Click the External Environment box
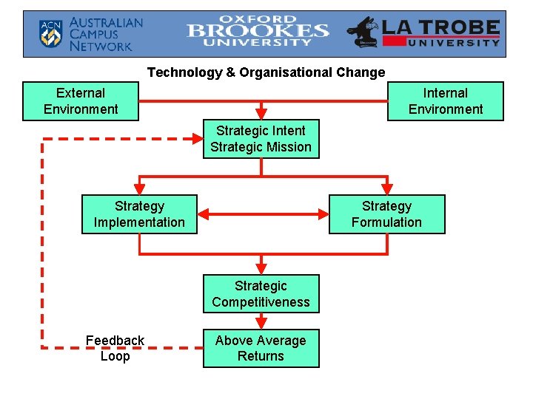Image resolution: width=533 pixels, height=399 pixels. pyautogui.click(x=80, y=101)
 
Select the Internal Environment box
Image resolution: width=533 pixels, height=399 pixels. pyautogui.click(x=445, y=101)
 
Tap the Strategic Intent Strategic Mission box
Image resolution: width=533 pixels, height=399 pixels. pyautogui.click(x=261, y=139)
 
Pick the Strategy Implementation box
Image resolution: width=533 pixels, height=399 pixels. pyautogui.click(x=139, y=214)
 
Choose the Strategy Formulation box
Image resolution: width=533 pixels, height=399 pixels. pyautogui.click(x=386, y=214)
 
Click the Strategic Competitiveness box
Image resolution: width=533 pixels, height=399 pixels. pyautogui.click(x=261, y=294)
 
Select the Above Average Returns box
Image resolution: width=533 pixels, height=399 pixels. pyautogui.click(x=261, y=348)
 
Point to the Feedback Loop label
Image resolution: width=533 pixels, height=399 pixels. pyautogui.click(x=115, y=348)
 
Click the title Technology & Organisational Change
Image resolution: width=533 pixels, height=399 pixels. pyautogui.click(x=266, y=72)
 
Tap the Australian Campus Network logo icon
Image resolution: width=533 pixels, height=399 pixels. pyautogui.click(x=50, y=34)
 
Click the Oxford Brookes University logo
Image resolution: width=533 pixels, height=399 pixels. pyautogui.click(x=258, y=31)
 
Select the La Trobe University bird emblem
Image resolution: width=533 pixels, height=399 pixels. pyautogui.click(x=363, y=33)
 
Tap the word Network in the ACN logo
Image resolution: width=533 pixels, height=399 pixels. pyautogui.click(x=101, y=47)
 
